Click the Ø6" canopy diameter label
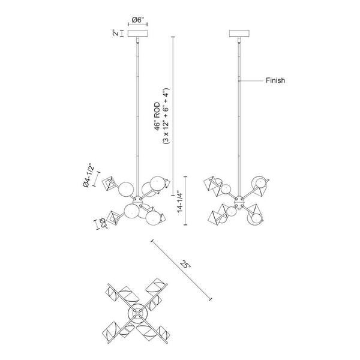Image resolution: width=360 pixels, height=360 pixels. (139, 20)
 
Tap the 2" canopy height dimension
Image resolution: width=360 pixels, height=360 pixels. (116, 33)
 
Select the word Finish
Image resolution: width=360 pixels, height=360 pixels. (275, 80)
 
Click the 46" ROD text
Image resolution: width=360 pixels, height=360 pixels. (157, 116)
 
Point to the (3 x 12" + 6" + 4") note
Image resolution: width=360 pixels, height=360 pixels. (166, 116)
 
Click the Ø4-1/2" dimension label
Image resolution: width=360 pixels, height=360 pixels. (88, 175)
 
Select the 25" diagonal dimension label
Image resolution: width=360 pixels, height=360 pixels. (185, 264)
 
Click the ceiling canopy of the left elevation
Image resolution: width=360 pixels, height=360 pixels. (137, 34)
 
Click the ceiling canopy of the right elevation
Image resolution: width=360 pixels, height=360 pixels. (239, 34)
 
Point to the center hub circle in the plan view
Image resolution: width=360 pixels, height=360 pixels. (138, 313)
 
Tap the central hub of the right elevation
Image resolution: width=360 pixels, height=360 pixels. (239, 202)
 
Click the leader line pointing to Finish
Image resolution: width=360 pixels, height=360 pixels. (251, 80)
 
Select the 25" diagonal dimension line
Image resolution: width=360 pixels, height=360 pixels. (181, 270)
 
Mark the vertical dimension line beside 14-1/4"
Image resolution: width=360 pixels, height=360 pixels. (185, 200)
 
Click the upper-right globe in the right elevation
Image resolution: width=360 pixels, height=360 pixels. (260, 183)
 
